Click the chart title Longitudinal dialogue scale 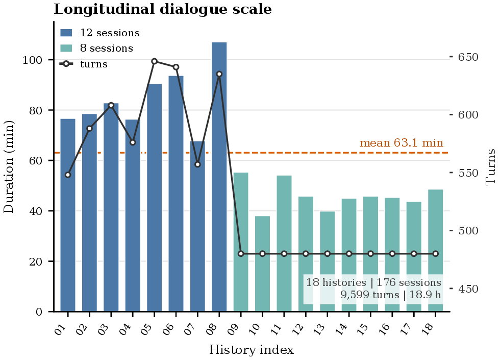click(163, 9)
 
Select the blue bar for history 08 click(219, 177)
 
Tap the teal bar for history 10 click(262, 264)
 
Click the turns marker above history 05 click(154, 61)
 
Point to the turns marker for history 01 click(68, 175)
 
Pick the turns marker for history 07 click(197, 164)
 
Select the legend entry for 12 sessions click(99, 33)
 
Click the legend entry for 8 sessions click(96, 49)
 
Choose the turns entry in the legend click(84, 64)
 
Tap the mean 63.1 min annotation click(402, 142)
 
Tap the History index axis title click(252, 350)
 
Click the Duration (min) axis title click(9, 166)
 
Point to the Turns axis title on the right click(490, 167)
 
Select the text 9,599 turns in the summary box click(370, 295)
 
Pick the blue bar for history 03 click(111, 207)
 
